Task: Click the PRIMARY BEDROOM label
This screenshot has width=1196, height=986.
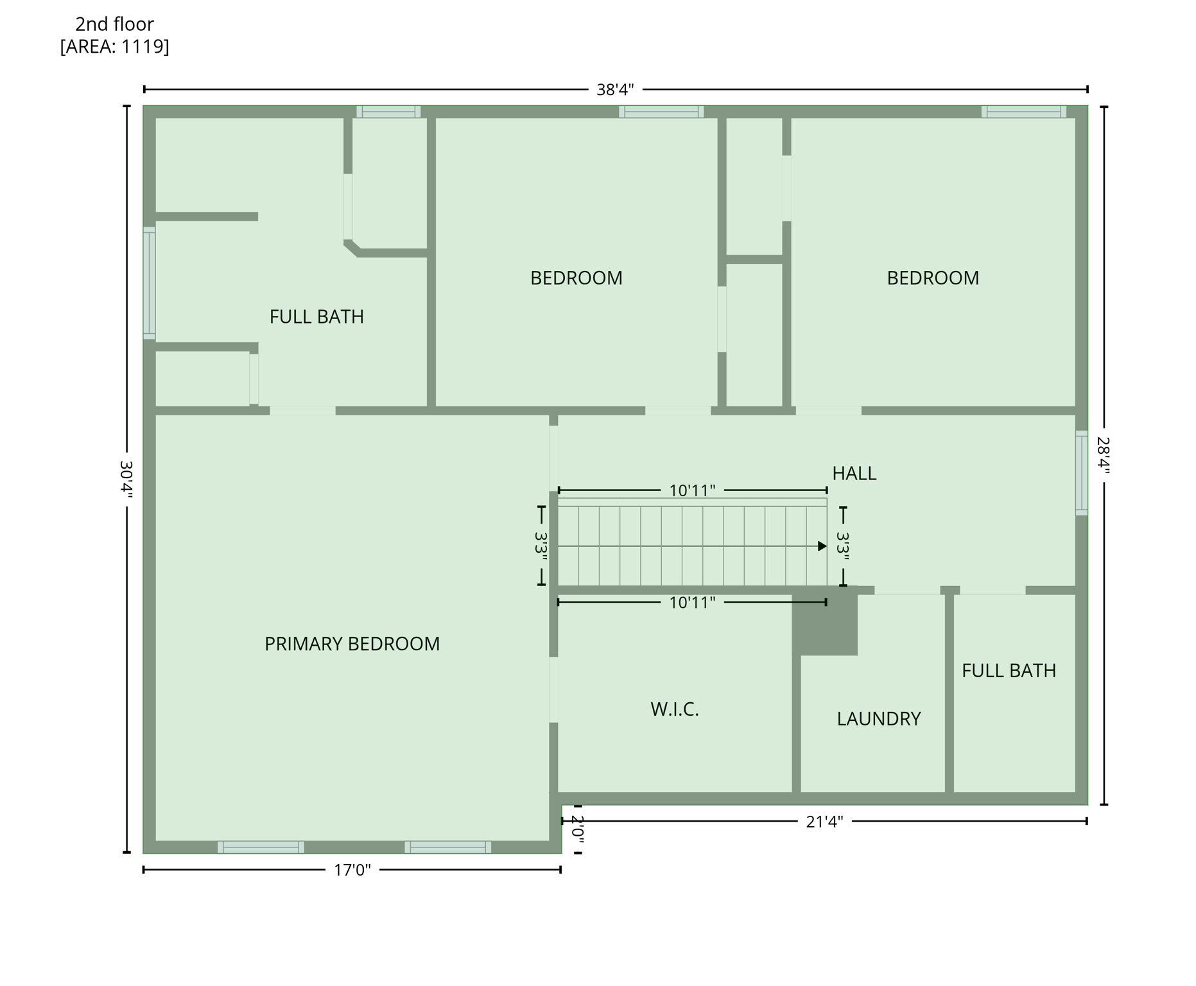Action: click(x=352, y=644)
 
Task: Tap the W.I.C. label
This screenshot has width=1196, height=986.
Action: click(x=674, y=709)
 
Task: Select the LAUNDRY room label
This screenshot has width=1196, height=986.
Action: click(x=878, y=718)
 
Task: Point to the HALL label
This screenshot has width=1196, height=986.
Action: click(x=854, y=473)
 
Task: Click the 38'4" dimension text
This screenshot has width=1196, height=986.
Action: click(x=615, y=89)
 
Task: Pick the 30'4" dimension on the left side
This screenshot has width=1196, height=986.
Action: click(x=126, y=479)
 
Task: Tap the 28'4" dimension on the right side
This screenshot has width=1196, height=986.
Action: click(x=1103, y=455)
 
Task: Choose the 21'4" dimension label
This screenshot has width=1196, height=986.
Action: click(x=824, y=822)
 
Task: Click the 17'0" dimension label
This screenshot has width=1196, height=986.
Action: click(x=352, y=870)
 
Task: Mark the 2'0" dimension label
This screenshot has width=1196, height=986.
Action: click(x=577, y=829)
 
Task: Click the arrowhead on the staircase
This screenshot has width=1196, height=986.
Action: click(x=822, y=546)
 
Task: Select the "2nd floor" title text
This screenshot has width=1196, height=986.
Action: click(x=114, y=24)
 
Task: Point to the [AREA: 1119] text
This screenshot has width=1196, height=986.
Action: click(x=114, y=47)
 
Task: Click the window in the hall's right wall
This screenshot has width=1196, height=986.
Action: click(x=1081, y=473)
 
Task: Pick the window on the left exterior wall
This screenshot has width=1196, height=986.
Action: click(x=149, y=282)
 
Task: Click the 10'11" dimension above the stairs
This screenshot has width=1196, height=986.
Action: click(x=692, y=491)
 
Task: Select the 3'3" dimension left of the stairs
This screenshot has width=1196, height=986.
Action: click(x=541, y=546)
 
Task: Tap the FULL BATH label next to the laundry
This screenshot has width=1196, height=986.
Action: click(x=1009, y=671)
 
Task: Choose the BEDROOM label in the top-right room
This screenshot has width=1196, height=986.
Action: click(x=932, y=278)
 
